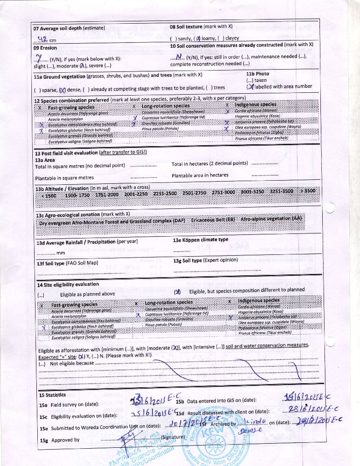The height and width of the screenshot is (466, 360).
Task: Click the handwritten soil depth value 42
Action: pyautogui.click(x=44, y=39)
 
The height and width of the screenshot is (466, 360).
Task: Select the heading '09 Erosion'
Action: pyautogui.click(x=46, y=48)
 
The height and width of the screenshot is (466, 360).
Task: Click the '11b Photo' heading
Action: pyautogui.click(x=258, y=74)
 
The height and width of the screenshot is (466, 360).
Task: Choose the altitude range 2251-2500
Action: pyautogui.click(x=165, y=192)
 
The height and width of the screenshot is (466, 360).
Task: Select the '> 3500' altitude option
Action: pyautogui.click(x=307, y=191)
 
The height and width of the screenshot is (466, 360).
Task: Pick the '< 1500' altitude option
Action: pyautogui.click(x=49, y=195)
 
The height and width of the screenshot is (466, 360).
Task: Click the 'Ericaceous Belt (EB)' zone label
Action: pyautogui.click(x=213, y=220)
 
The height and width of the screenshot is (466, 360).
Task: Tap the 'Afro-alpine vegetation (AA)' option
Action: pyautogui.click(x=271, y=218)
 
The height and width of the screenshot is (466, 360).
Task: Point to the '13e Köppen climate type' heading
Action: pyautogui.click(x=201, y=240)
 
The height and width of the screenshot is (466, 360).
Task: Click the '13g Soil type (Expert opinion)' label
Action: pyautogui.click(x=206, y=260)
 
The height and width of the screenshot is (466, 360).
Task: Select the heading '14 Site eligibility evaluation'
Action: pyautogui.click(x=68, y=284)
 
